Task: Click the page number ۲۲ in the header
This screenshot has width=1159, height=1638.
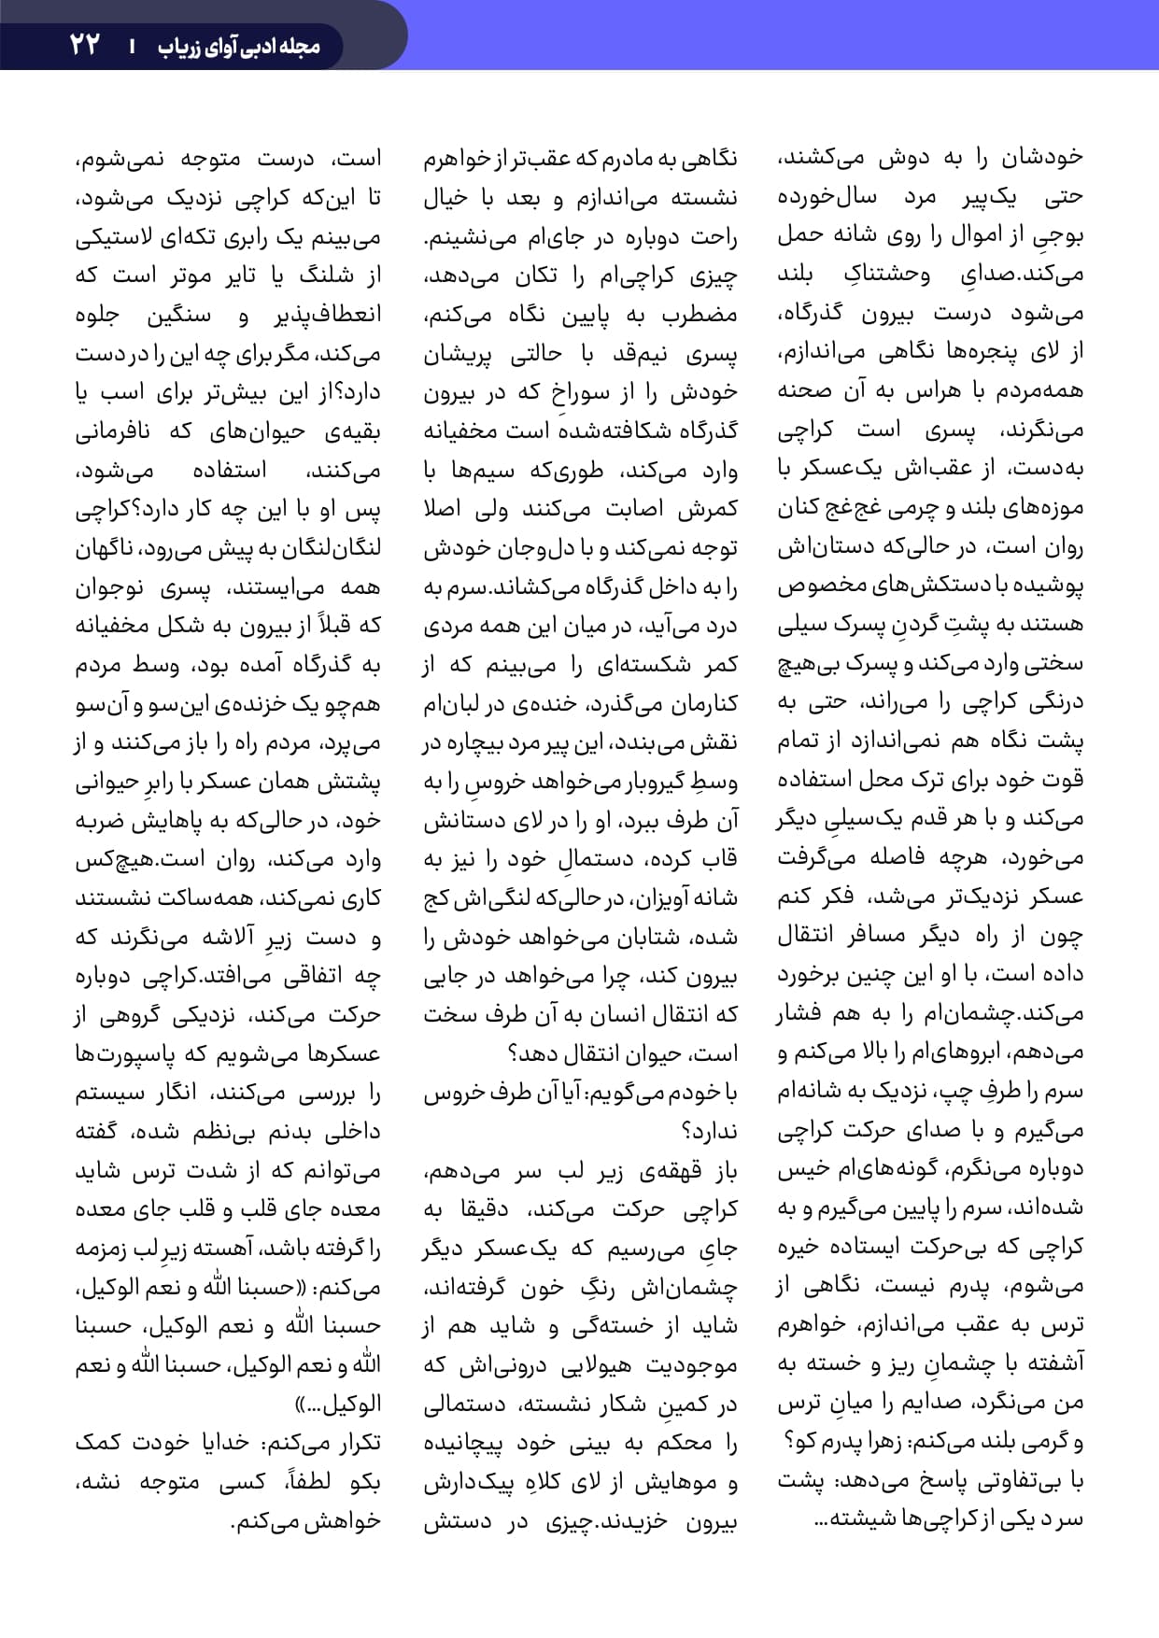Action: click(x=85, y=44)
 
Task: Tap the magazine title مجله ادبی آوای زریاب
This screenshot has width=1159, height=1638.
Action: click(x=238, y=45)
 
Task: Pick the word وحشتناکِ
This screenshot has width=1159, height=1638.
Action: click(x=887, y=275)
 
